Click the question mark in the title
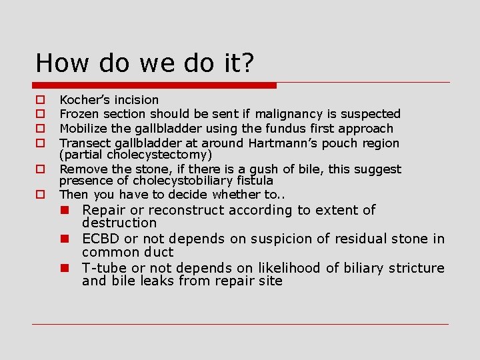(x=247, y=63)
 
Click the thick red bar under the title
(x=155, y=85)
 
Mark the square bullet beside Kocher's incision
(x=40, y=101)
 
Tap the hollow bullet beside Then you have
(x=40, y=195)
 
